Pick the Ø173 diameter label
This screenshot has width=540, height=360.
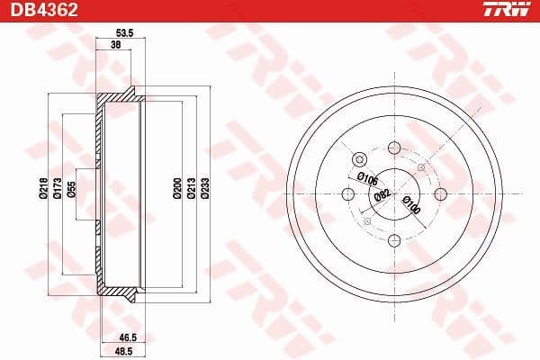pyautogui.click(x=57, y=186)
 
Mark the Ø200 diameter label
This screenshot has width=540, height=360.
pyautogui.click(x=177, y=187)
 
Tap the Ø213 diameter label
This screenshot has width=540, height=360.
pyautogui.click(x=191, y=187)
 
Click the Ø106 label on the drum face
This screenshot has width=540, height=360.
pyautogui.click(x=366, y=178)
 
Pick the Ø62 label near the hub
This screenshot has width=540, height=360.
pyautogui.click(x=381, y=193)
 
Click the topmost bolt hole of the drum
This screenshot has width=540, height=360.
pyautogui.click(x=394, y=148)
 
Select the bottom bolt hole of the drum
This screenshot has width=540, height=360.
pyautogui.click(x=394, y=239)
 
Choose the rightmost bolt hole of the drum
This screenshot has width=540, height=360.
pyautogui.click(x=440, y=193)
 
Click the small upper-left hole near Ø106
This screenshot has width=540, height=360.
pyautogui.click(x=361, y=160)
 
